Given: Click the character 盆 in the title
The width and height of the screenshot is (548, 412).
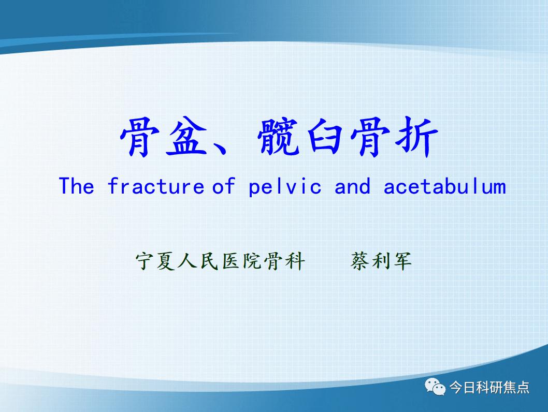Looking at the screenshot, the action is click(x=187, y=136).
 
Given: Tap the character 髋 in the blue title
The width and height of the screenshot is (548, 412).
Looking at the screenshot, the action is click(x=279, y=136).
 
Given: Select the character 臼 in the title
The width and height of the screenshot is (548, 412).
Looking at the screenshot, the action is click(x=325, y=136).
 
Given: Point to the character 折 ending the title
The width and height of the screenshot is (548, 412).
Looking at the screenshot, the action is click(x=416, y=136).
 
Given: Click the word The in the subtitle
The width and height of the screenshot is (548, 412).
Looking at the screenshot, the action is click(x=77, y=186).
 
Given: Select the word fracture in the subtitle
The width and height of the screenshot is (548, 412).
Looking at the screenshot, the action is click(x=155, y=186).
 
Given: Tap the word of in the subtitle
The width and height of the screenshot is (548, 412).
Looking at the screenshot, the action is click(x=224, y=186).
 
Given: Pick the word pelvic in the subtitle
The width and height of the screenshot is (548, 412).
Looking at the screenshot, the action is click(x=285, y=186).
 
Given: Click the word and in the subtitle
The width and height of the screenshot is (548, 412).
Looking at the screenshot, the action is click(x=352, y=186).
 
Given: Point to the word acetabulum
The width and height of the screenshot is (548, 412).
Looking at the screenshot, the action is click(x=444, y=186).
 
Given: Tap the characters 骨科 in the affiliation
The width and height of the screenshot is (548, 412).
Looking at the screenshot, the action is click(x=284, y=261).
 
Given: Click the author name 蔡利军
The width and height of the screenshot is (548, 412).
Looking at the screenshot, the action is click(x=381, y=261).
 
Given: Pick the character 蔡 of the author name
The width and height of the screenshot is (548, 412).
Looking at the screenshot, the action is click(x=360, y=261).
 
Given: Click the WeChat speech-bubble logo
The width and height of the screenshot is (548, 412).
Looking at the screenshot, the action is click(x=435, y=387).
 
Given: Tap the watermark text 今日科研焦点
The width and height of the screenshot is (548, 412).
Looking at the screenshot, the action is click(x=489, y=387).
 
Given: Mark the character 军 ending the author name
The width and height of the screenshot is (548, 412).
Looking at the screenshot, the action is click(x=402, y=261).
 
